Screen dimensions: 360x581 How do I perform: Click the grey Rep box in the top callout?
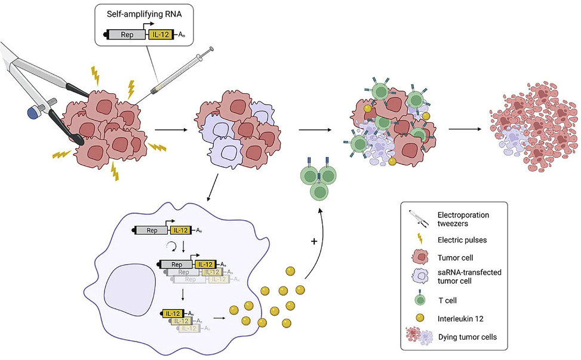coord(127,35)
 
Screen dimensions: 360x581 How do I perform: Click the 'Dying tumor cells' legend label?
coord(467,337)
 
